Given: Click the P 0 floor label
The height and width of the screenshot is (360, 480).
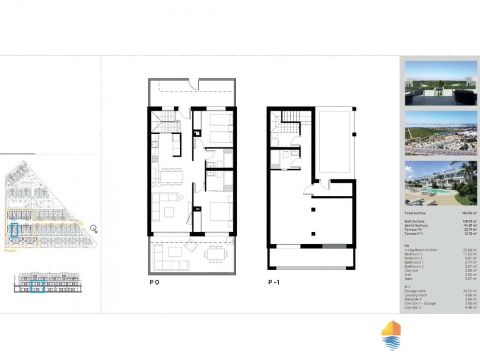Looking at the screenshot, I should [154, 282].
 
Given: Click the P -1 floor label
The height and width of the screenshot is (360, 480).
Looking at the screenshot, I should [273, 282].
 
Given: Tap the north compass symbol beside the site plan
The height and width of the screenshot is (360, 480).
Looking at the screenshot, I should [93, 228].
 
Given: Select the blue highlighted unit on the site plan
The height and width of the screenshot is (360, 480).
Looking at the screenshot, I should [15, 229].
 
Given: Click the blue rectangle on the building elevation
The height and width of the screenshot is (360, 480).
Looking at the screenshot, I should [37, 286].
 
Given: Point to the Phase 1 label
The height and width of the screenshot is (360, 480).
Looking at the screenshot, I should [10, 250].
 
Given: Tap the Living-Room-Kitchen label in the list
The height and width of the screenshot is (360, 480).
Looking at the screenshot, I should [421, 250].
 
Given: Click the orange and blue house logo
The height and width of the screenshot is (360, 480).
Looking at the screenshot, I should [391, 335].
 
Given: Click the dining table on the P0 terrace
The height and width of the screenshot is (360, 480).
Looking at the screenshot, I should [215, 255].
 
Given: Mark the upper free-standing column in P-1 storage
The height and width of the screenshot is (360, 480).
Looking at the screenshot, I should [313, 210].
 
